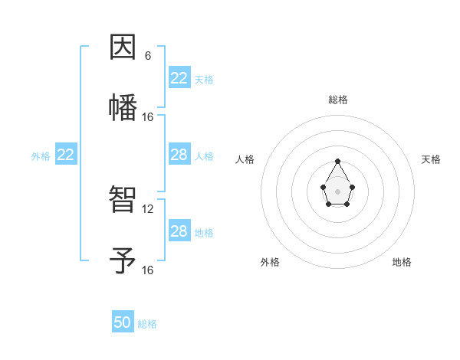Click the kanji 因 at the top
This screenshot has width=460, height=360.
pos(123,47)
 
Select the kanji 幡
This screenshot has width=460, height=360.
pos(123,106)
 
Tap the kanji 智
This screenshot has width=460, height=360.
pos(123,200)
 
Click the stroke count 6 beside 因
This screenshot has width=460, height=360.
pos(148,56)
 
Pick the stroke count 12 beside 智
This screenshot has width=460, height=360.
pos(148,209)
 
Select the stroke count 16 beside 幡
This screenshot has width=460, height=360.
pos(148,117)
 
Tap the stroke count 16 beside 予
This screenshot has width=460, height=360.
pos(148,270)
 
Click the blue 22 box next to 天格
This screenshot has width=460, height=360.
pos(179,78)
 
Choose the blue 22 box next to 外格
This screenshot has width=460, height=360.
pos(66,155)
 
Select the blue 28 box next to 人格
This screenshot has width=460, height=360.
pos(179,155)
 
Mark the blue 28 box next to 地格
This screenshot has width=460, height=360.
pos(179,231)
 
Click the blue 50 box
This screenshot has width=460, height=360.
pos(123,322)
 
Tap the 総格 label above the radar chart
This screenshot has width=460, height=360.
pos(337,100)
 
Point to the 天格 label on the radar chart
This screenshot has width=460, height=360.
pos(431,159)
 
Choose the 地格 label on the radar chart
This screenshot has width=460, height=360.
pos(402,262)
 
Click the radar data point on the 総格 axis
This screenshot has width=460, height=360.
pos(337,162)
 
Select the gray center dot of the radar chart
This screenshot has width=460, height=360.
pos(337,191)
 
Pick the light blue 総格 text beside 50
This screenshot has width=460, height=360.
pos(147,324)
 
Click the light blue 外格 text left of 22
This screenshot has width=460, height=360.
pos(41,156)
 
